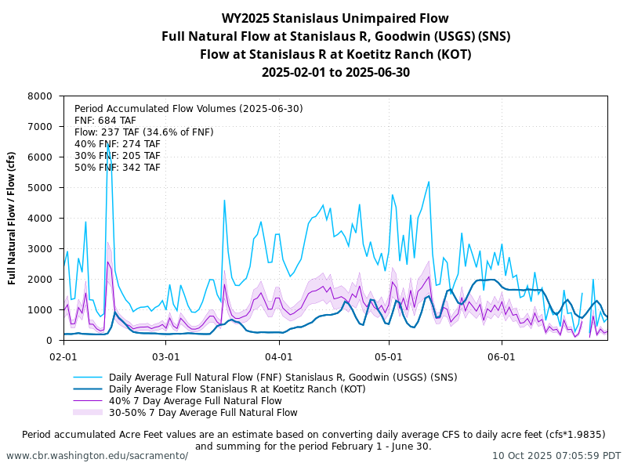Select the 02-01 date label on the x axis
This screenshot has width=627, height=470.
[x=63, y=355]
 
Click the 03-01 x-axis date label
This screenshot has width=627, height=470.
[x=166, y=355]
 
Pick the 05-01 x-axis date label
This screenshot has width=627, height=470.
[x=389, y=355]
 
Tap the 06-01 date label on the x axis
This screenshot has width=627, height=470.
[x=502, y=355]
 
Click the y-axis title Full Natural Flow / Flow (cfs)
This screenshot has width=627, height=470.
[x=13, y=218]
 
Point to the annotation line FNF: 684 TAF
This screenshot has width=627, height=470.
[x=105, y=121]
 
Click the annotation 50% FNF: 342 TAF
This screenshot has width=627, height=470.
[x=118, y=168]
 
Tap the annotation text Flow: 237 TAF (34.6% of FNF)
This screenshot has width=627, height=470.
[x=143, y=132]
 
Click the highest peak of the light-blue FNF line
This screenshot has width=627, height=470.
[x=108, y=141]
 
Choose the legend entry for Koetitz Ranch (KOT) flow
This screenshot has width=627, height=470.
[x=237, y=389]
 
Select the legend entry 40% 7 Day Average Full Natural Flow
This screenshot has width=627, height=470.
[x=195, y=400]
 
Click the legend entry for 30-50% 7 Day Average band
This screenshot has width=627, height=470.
[x=203, y=412]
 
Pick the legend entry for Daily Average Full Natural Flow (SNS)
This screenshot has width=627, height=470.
[x=282, y=377]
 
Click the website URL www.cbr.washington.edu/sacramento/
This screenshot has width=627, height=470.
[x=97, y=456]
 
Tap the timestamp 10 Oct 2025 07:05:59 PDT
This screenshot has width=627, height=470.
[x=556, y=456]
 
